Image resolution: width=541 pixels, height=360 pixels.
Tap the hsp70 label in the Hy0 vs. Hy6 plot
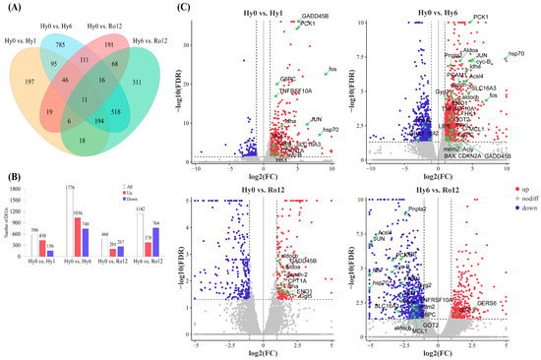516,54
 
